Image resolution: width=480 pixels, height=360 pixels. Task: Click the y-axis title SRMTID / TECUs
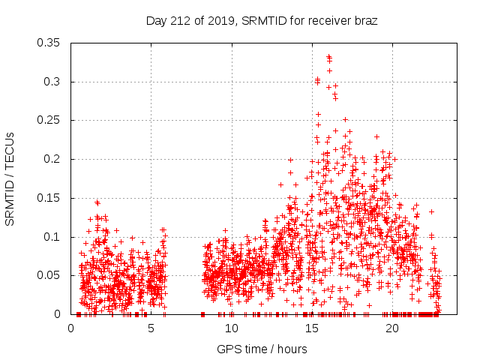10,178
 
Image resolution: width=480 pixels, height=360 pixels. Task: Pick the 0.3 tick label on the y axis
54,82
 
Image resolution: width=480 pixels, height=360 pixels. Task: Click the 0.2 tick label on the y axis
54,159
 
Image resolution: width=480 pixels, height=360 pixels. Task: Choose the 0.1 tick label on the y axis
54,237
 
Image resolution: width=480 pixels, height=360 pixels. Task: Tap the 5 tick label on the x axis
151,328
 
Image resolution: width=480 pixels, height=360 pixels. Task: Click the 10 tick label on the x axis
232,328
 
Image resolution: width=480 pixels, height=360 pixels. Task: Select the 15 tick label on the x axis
312,328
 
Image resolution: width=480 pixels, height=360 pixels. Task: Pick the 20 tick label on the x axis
392,328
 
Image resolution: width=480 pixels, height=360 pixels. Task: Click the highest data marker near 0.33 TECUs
328,56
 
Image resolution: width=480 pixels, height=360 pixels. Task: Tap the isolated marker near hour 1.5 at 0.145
97,202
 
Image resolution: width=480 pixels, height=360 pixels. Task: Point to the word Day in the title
156,21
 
